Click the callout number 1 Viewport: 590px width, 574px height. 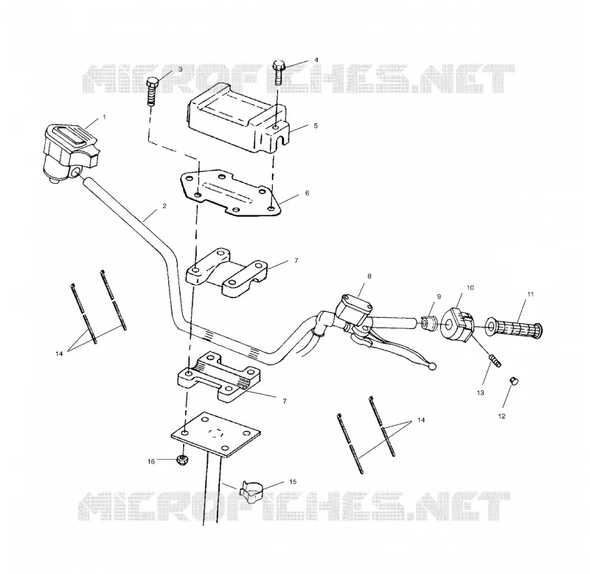point(104,117)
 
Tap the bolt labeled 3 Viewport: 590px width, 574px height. point(153,92)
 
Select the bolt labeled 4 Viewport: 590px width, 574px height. point(278,72)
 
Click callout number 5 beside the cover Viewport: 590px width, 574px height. point(316,125)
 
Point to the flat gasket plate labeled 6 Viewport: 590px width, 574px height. point(231,193)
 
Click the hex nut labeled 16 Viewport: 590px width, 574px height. point(182,460)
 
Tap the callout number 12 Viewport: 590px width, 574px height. point(502,416)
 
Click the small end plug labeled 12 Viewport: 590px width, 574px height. point(513,381)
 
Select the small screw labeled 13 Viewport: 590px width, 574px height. point(495,360)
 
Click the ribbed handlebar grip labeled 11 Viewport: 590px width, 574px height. point(513,327)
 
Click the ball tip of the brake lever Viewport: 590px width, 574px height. point(433,365)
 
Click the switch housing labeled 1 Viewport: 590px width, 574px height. point(70,152)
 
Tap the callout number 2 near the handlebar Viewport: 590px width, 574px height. point(164,206)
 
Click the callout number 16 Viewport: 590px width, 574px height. point(151,461)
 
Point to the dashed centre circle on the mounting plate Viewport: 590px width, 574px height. point(215,432)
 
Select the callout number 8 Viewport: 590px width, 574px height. point(369,276)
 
